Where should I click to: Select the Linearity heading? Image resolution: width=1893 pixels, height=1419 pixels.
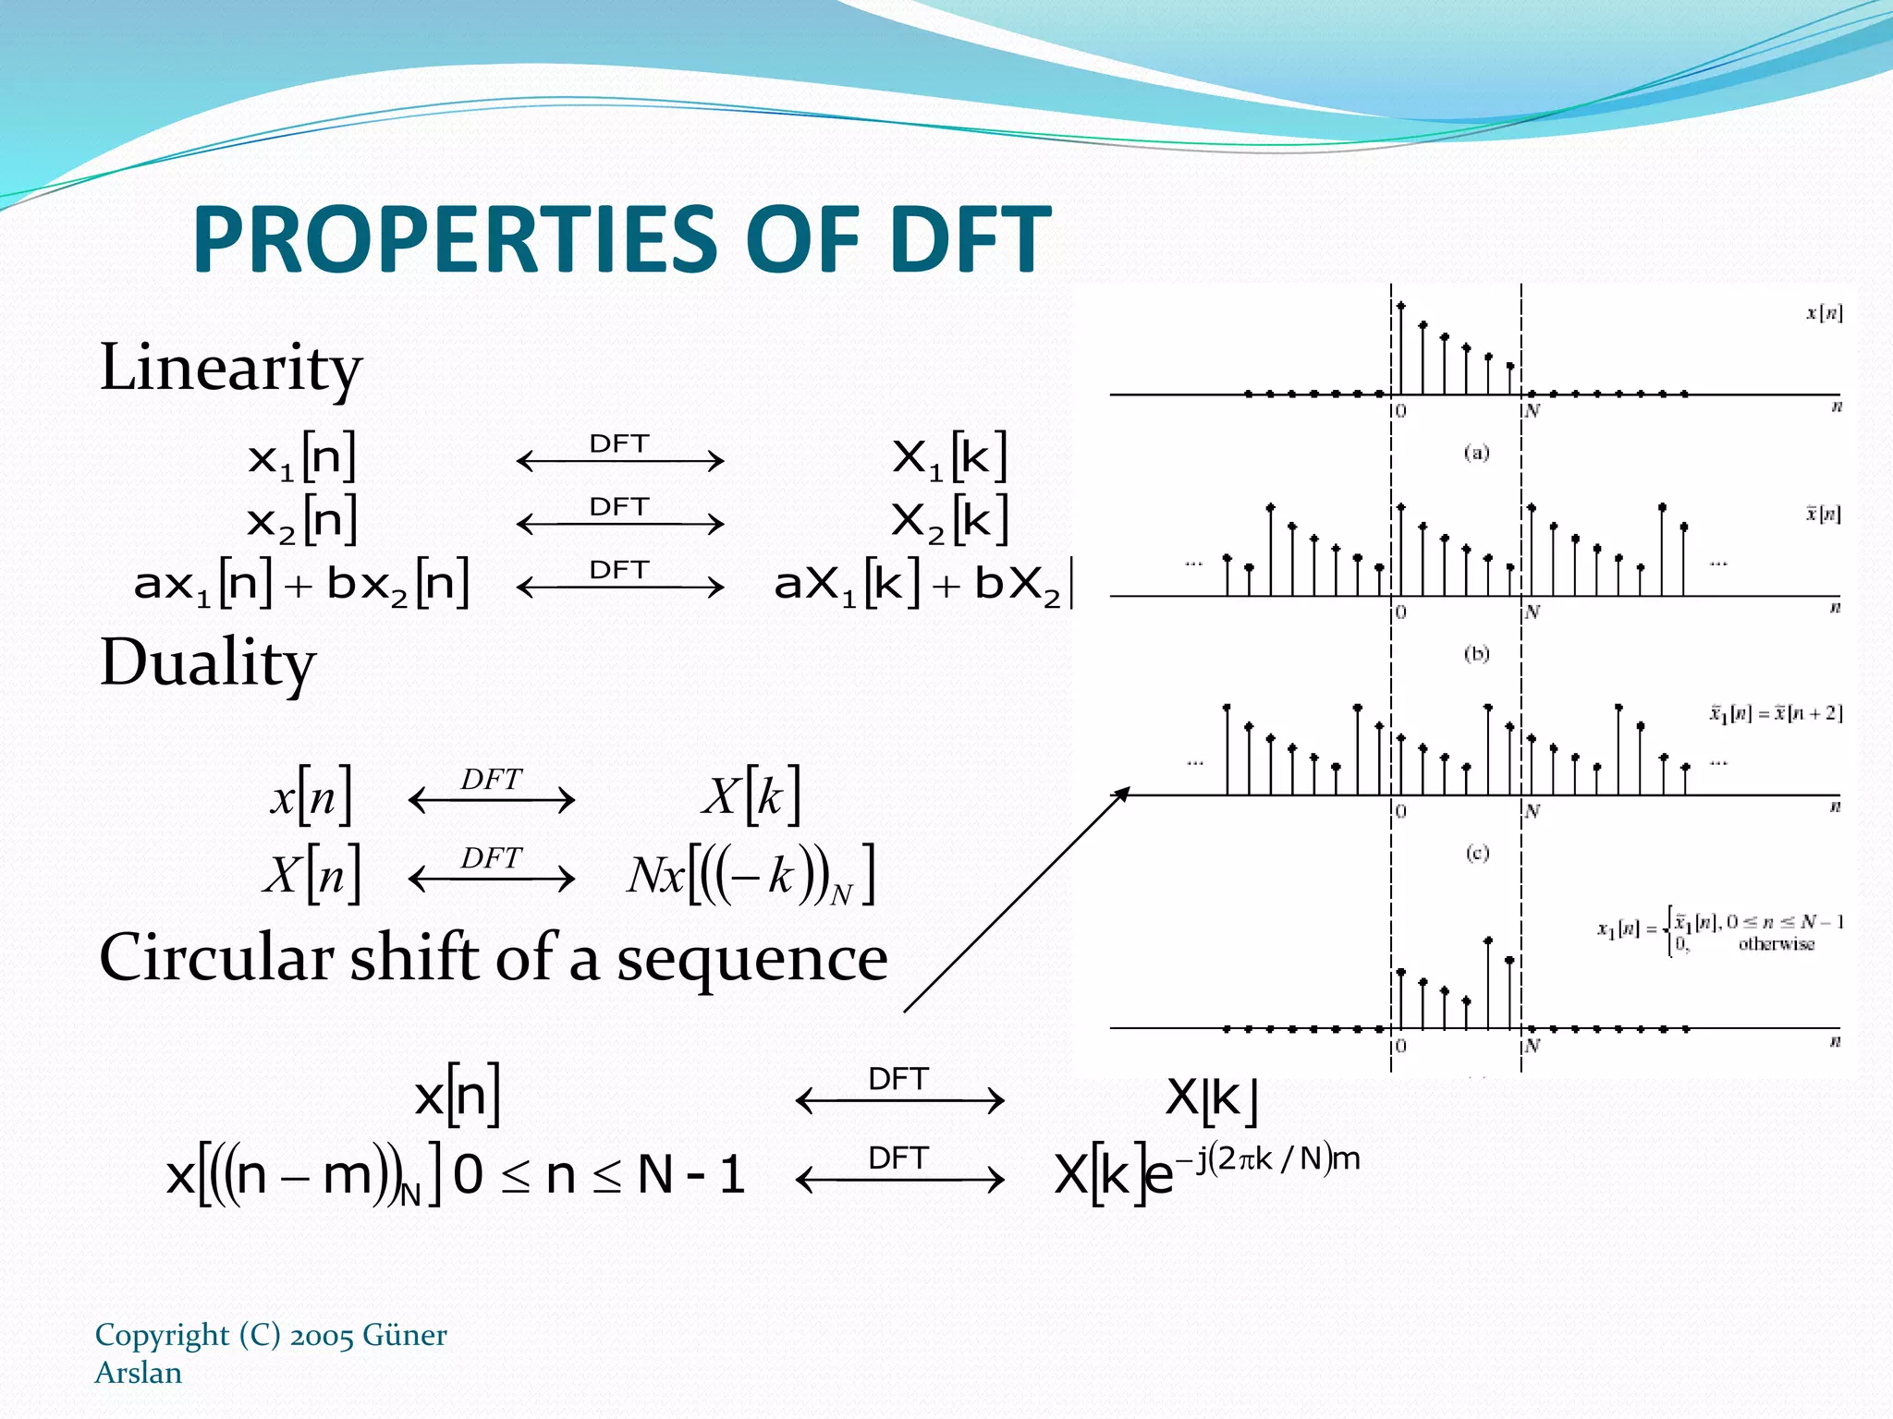click(230, 368)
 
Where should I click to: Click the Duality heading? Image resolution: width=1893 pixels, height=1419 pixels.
click(208, 663)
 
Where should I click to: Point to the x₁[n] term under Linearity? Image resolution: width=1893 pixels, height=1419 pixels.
click(301, 457)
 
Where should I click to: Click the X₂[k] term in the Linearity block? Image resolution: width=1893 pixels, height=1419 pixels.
click(949, 520)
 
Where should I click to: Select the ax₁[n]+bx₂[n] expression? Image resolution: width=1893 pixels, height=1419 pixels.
click(301, 584)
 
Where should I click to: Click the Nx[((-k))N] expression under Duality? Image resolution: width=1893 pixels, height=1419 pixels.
click(750, 876)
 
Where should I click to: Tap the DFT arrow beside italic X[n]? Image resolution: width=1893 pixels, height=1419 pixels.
click(491, 869)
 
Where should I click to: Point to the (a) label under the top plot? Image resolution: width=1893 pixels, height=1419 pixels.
click(1476, 453)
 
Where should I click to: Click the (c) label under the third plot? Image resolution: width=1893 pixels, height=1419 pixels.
click(1477, 852)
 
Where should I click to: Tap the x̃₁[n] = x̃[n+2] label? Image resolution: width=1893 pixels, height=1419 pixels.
click(1775, 713)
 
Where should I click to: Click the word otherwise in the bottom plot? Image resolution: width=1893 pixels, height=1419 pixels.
click(1776, 944)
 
